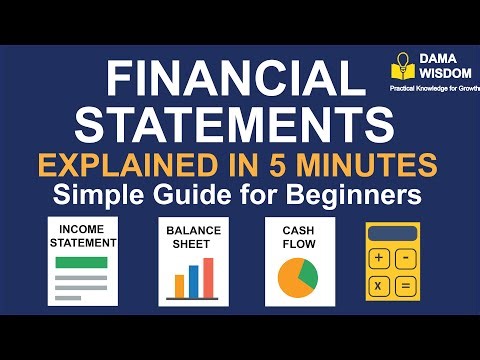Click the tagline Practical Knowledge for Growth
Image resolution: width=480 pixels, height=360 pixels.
click(x=434, y=88)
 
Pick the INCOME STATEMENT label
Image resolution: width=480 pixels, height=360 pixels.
click(x=83, y=236)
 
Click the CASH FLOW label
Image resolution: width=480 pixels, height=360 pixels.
click(x=292, y=235)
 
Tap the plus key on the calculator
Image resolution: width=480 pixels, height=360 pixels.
click(x=380, y=258)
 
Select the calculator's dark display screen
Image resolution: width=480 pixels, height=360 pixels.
click(x=393, y=233)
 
